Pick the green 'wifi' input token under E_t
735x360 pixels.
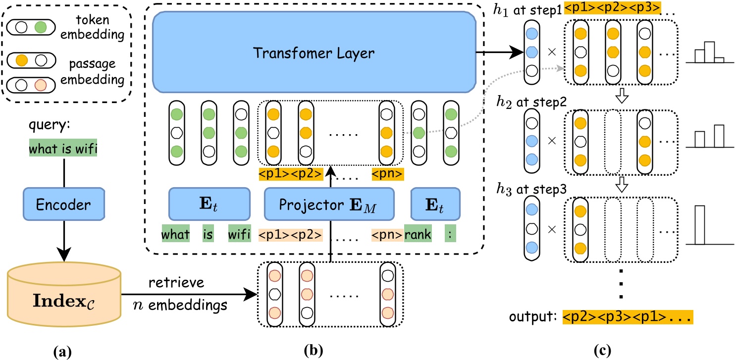[239, 234]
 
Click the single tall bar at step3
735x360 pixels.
[699, 225]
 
